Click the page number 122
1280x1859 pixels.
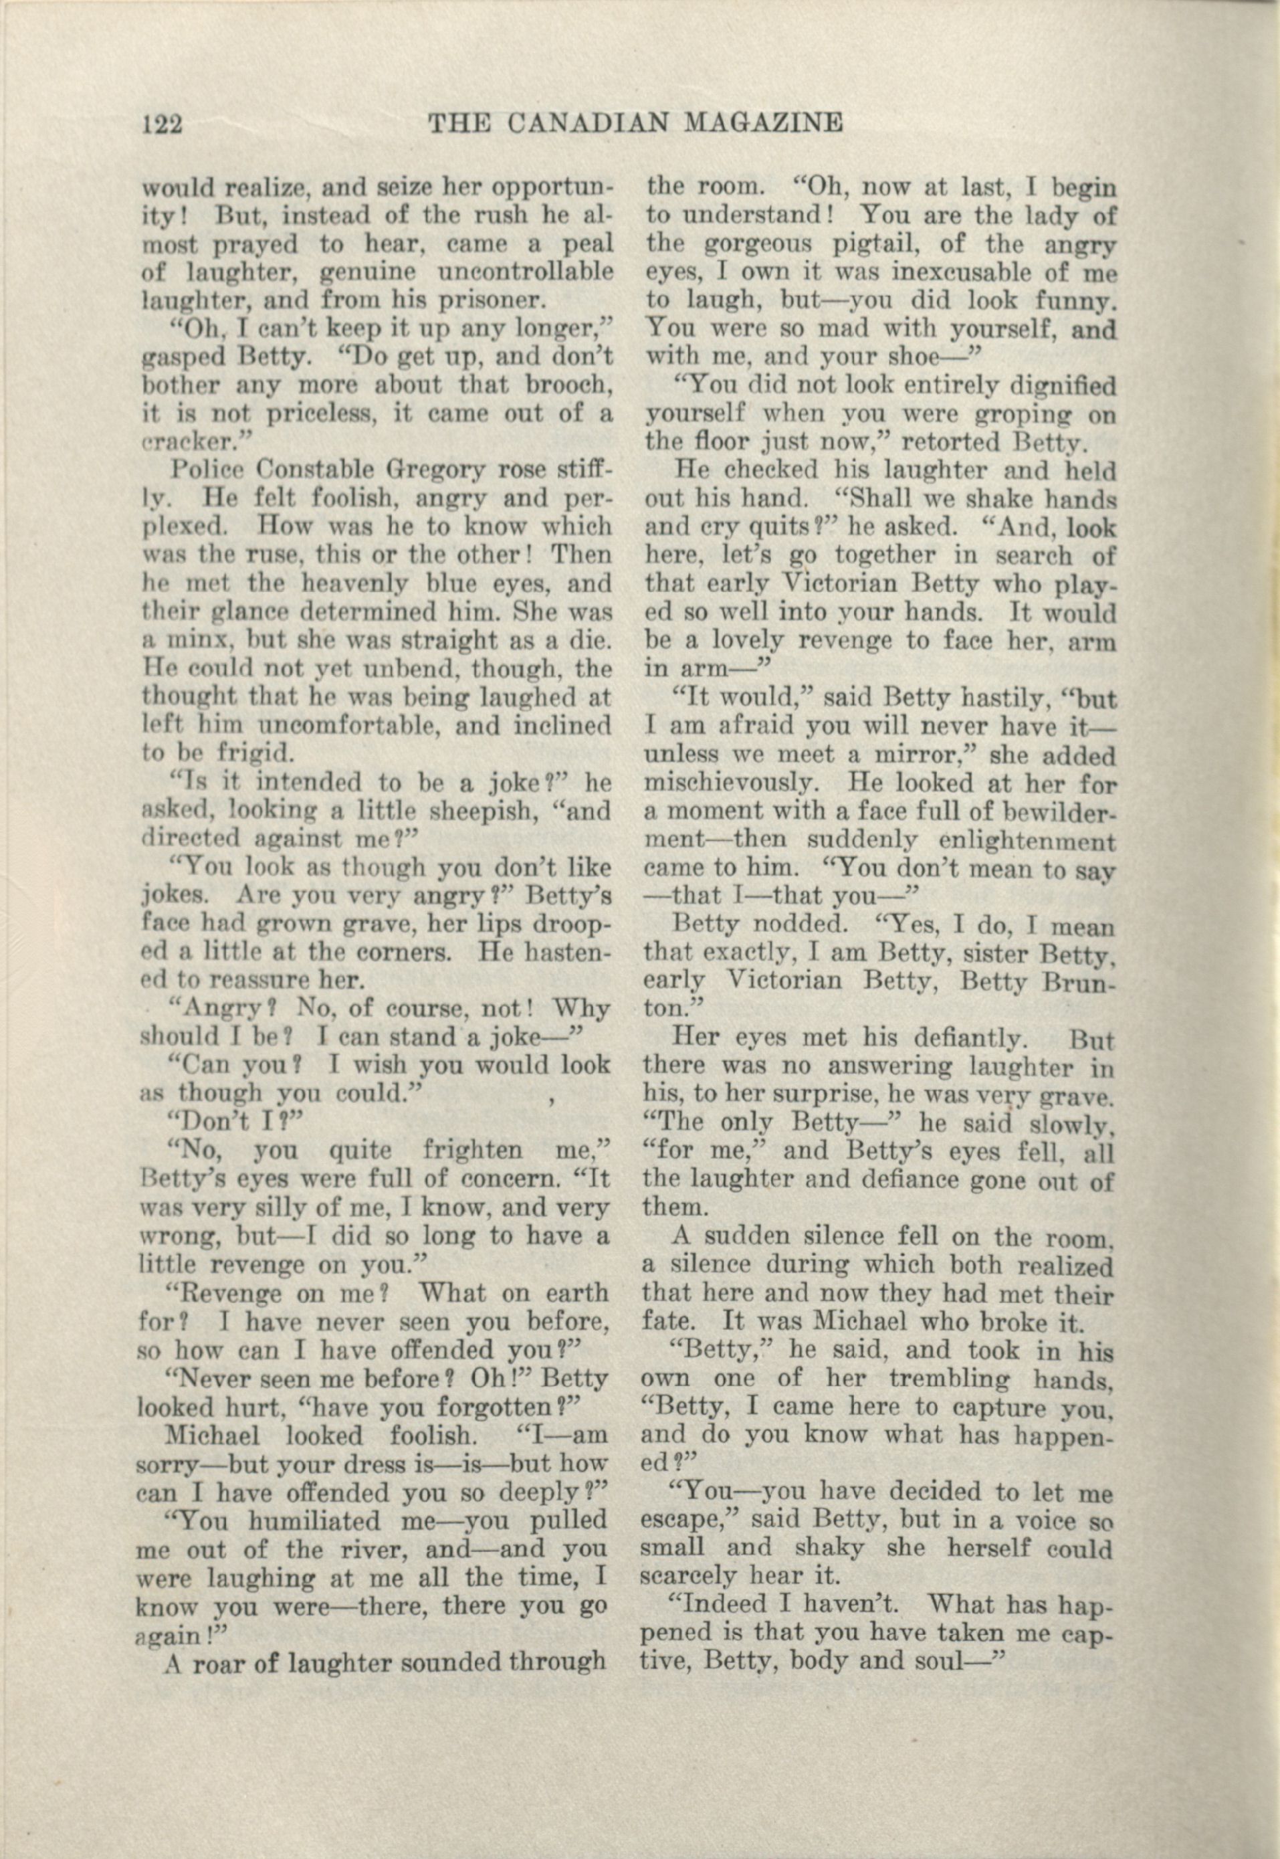pyautogui.click(x=163, y=124)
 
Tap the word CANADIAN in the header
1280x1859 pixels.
pyautogui.click(x=589, y=122)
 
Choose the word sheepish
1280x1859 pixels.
pyautogui.click(x=447, y=811)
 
